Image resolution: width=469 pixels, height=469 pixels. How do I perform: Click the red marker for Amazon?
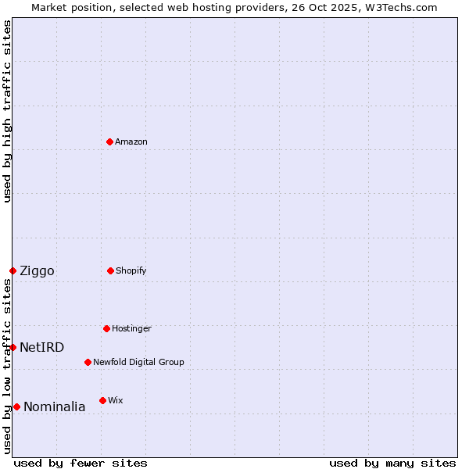109,141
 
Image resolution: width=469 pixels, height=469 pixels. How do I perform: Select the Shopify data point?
110,270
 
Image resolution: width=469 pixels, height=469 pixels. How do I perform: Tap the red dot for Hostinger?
106,328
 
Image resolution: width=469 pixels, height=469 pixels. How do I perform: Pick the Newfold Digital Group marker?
88,362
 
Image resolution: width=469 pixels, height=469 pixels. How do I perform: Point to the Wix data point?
102,400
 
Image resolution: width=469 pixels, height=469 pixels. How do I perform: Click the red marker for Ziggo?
13,270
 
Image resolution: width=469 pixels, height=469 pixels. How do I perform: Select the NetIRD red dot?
13,347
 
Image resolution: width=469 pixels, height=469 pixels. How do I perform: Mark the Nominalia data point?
16,406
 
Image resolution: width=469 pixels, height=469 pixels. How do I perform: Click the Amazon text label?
131,141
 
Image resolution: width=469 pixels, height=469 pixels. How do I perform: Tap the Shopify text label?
131,270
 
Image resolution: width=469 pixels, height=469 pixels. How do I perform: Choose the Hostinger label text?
131,328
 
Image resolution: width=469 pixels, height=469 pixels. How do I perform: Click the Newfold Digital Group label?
138,362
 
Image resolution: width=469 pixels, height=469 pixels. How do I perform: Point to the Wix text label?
115,400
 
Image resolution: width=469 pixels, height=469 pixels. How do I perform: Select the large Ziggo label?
37,271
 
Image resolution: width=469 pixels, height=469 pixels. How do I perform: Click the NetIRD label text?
41,348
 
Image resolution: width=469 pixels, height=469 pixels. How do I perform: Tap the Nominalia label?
54,407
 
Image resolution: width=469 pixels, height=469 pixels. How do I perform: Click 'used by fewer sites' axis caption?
81,463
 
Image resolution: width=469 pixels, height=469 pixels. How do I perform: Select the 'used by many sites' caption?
392,463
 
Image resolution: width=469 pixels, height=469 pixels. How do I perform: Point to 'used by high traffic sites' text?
7,111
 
